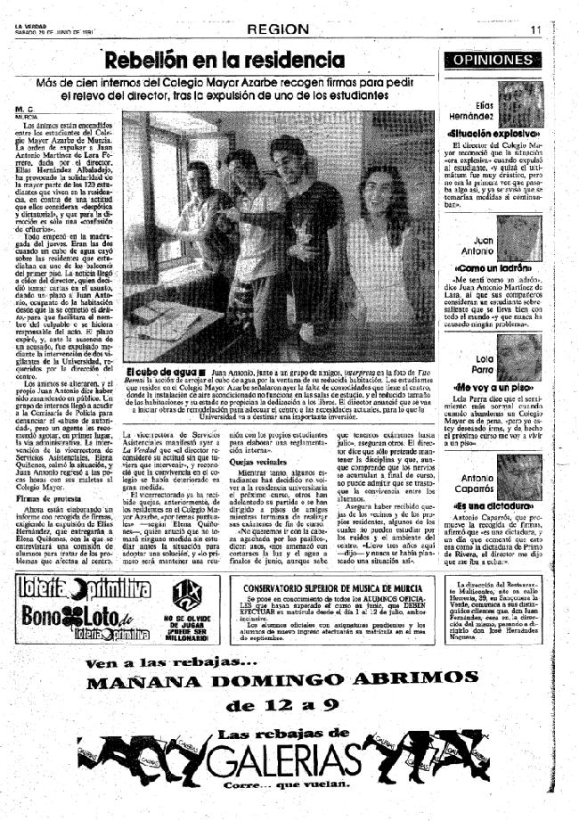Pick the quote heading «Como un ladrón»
(492, 267)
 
